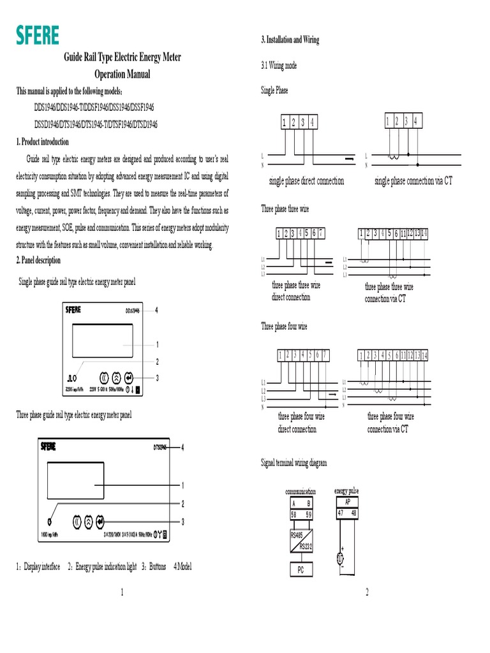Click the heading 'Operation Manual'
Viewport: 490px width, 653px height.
[122, 74]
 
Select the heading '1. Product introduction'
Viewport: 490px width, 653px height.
[42, 142]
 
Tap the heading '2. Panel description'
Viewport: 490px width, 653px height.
[38, 260]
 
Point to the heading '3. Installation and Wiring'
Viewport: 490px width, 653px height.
[290, 40]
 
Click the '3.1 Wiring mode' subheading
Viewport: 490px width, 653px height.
[279, 66]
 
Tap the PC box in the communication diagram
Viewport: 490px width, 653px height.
[300, 570]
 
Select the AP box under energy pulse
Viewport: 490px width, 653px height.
[346, 501]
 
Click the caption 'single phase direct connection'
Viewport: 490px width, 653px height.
[307, 181]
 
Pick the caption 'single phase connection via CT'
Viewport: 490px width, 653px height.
[413, 181]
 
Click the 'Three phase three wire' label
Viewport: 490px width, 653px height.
[285, 209]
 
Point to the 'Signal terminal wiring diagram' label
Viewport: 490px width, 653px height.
[294, 463]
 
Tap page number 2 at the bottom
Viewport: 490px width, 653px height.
[367, 593]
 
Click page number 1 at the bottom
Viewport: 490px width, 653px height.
[121, 593]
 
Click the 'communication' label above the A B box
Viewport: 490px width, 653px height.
[300, 492]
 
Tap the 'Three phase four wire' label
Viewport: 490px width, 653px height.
[284, 326]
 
